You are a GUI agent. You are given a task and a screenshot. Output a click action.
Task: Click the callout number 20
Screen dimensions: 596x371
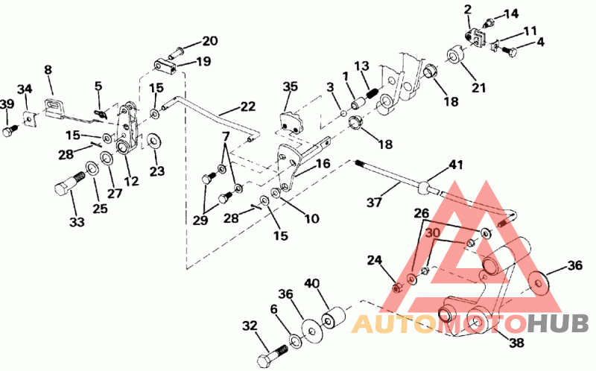[209, 40]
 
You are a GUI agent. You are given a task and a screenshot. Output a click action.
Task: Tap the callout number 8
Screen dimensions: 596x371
[48, 70]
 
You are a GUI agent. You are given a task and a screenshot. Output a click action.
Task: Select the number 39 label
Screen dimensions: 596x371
[7, 104]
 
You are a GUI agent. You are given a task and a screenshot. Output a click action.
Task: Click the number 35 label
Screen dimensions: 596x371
[290, 87]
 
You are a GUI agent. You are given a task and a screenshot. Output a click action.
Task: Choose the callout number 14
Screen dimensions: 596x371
[510, 13]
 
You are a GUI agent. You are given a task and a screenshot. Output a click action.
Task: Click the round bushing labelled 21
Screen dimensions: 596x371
[456, 57]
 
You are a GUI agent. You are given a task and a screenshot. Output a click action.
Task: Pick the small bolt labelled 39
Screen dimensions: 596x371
[9, 130]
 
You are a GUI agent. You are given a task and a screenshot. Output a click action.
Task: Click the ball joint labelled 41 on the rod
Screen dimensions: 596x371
[425, 184]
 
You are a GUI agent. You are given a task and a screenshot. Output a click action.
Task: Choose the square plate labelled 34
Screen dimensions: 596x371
[31, 118]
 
